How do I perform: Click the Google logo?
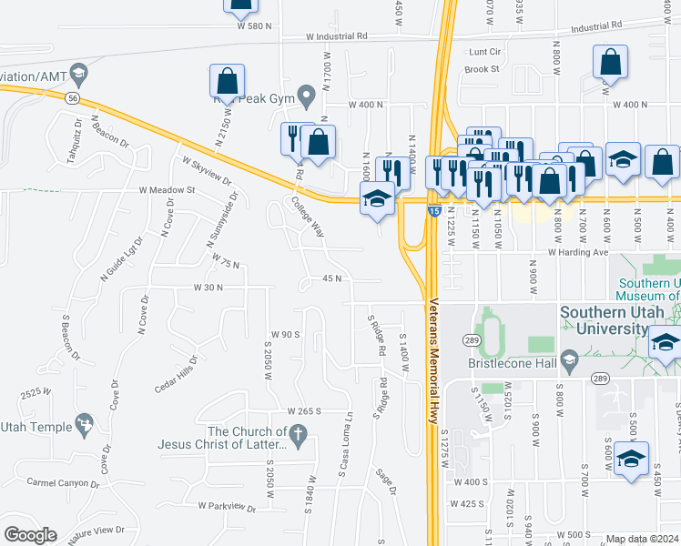tap(29, 535)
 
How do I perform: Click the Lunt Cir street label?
tap(484, 52)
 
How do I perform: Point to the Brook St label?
tap(482, 69)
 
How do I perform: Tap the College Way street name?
tap(308, 217)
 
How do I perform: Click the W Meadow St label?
tap(167, 190)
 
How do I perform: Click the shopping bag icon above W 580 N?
tap(240, 5)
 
